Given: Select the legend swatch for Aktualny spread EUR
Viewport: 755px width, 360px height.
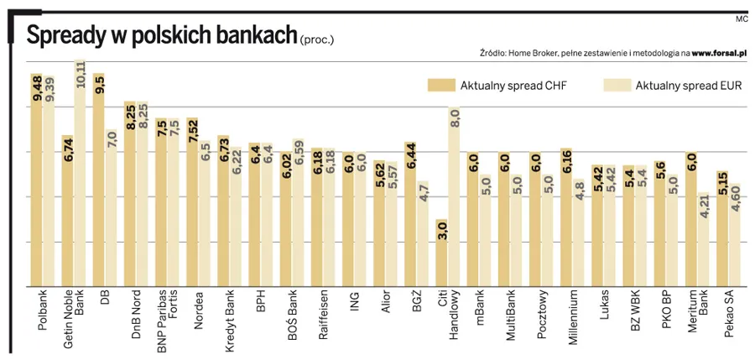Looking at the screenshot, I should pos(617,85).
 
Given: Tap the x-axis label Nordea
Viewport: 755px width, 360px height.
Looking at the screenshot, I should pos(199,311).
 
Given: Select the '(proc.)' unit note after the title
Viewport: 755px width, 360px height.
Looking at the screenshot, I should pos(316,39).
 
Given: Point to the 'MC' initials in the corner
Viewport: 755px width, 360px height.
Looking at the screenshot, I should pos(741,18).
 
